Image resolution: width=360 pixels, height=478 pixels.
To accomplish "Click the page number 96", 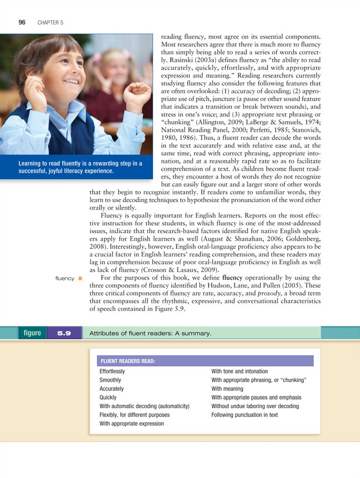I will click(x=22, y=22).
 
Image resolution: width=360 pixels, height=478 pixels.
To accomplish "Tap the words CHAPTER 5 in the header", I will click(x=50, y=23).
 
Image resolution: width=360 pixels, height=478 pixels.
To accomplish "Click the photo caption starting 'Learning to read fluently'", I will click(x=80, y=167).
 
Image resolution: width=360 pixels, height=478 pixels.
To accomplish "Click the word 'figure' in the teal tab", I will click(x=32, y=333).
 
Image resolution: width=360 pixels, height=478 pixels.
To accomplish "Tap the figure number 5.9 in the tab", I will click(x=65, y=333).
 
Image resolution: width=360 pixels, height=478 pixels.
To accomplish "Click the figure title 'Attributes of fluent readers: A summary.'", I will click(x=151, y=333).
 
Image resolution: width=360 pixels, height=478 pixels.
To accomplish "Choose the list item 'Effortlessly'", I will click(x=113, y=371).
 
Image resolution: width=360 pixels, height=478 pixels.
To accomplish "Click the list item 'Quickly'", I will click(x=108, y=397).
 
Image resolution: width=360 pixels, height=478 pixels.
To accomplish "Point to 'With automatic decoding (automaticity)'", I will click(x=145, y=406).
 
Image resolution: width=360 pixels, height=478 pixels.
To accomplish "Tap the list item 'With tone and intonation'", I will click(x=239, y=371).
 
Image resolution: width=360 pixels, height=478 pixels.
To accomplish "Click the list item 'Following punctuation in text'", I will click(x=244, y=415).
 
